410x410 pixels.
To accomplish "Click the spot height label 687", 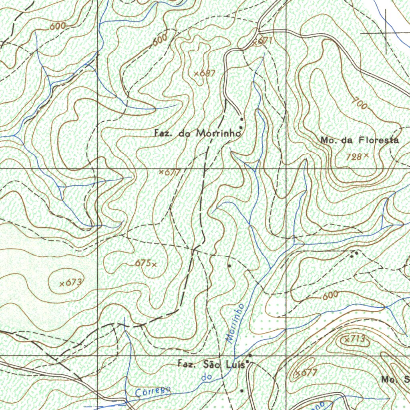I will coord(205,74).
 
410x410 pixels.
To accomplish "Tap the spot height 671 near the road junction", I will coord(263,41).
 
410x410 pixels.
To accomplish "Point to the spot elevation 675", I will coord(145,263).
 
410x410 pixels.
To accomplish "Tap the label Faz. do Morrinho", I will coord(197,134).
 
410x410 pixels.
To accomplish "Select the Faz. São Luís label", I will coord(211,364).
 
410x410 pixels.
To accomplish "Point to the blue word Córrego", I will coord(153,392).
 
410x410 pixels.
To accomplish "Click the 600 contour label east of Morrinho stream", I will coord(330,295).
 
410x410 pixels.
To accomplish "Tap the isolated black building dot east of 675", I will coord(229,265).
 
